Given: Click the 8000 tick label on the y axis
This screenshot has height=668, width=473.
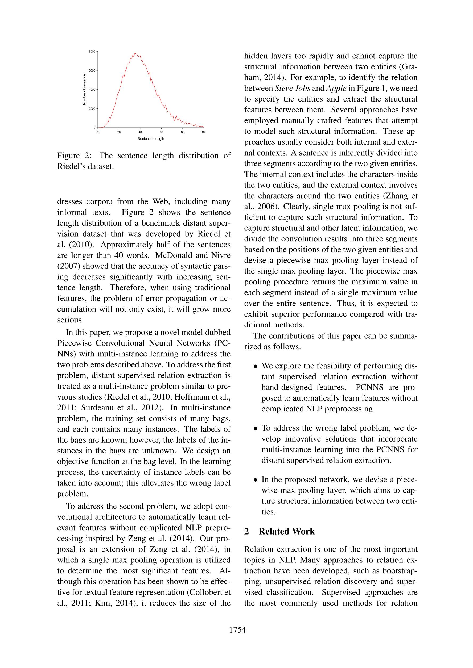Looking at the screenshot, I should pos(92,52).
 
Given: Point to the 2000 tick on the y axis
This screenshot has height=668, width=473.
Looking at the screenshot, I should pos(92,109).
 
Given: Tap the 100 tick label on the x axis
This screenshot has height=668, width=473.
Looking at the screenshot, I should pos(204,132).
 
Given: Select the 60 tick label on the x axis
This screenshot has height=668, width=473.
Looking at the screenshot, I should pos(161,132).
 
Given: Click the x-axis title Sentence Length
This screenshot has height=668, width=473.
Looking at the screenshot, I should pos(151,139).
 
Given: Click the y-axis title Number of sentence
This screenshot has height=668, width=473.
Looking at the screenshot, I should pos(84,90).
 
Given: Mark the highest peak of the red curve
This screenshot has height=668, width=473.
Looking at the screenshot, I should pos(135,53).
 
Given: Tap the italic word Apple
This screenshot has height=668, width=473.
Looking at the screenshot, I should pos(336,88).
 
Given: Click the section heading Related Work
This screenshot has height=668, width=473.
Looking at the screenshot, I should pos(287,532).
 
